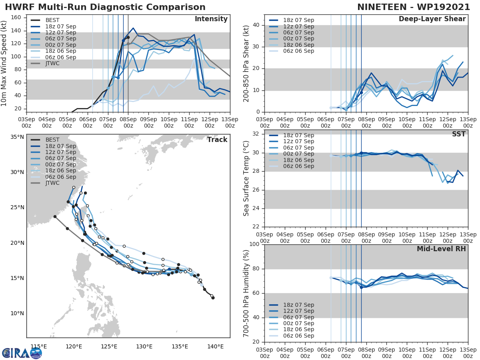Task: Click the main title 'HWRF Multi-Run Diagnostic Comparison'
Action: [105, 7]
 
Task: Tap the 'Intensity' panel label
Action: [211, 19]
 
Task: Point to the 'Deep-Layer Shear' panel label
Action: [432, 19]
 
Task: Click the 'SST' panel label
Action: [459, 134]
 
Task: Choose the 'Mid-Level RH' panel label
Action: [441, 249]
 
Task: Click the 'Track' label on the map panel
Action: [217, 140]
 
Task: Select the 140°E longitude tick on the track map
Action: [216, 346]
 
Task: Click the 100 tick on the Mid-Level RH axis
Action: [254, 244]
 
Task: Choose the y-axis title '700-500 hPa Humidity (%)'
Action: [246, 293]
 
